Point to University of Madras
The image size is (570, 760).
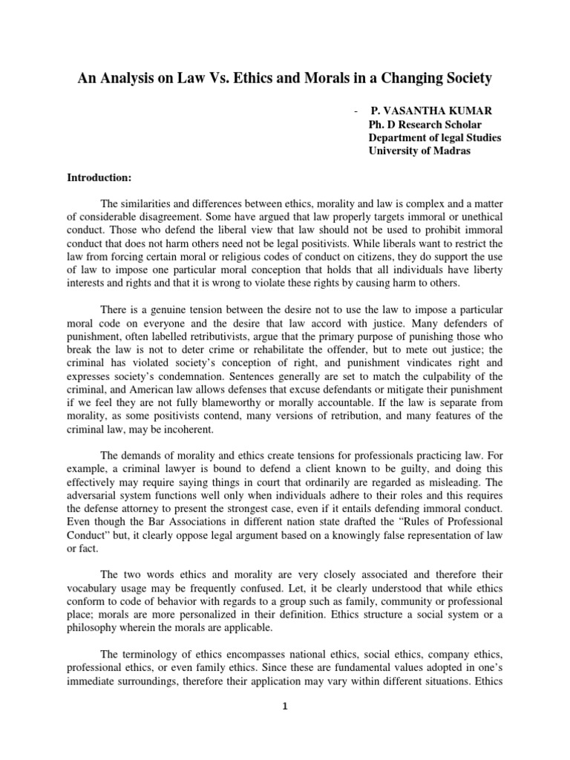click(418, 151)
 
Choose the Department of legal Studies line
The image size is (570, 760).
click(435, 137)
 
